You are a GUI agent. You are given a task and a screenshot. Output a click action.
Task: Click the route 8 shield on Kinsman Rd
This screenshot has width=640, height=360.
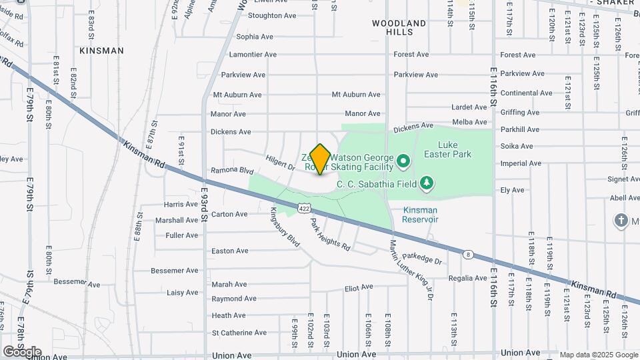point(468,253)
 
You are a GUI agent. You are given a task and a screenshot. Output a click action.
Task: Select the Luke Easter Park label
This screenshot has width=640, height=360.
point(455,149)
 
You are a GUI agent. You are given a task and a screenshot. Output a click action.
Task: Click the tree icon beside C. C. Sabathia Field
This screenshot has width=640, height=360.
point(427,183)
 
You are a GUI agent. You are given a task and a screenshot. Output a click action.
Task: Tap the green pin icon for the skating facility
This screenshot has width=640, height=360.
point(403,161)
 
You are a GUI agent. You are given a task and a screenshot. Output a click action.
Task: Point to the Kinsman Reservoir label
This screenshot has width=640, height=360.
point(421,215)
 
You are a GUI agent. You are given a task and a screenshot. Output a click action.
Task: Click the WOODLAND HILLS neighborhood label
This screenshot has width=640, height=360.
point(399,27)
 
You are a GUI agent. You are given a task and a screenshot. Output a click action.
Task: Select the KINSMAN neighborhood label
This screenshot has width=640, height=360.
point(101,51)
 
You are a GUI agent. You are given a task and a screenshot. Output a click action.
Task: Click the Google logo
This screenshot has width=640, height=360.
point(22,352)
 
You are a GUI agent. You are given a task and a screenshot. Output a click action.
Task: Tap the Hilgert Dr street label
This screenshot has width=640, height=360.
point(280,163)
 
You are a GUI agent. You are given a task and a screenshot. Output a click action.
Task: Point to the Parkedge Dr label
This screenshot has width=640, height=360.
point(422,258)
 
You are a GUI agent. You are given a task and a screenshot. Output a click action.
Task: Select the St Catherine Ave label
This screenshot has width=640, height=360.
point(239,333)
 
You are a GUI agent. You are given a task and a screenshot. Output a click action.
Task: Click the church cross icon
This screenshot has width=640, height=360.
point(621,221)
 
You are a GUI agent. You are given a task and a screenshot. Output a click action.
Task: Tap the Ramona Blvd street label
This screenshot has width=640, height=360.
point(233,171)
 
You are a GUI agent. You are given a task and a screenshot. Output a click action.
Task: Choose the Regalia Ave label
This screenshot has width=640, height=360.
point(467,278)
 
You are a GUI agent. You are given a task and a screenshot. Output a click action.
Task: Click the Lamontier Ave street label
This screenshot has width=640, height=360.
point(253,55)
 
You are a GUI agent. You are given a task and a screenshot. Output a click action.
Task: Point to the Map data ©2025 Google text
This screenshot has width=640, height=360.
point(597,355)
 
